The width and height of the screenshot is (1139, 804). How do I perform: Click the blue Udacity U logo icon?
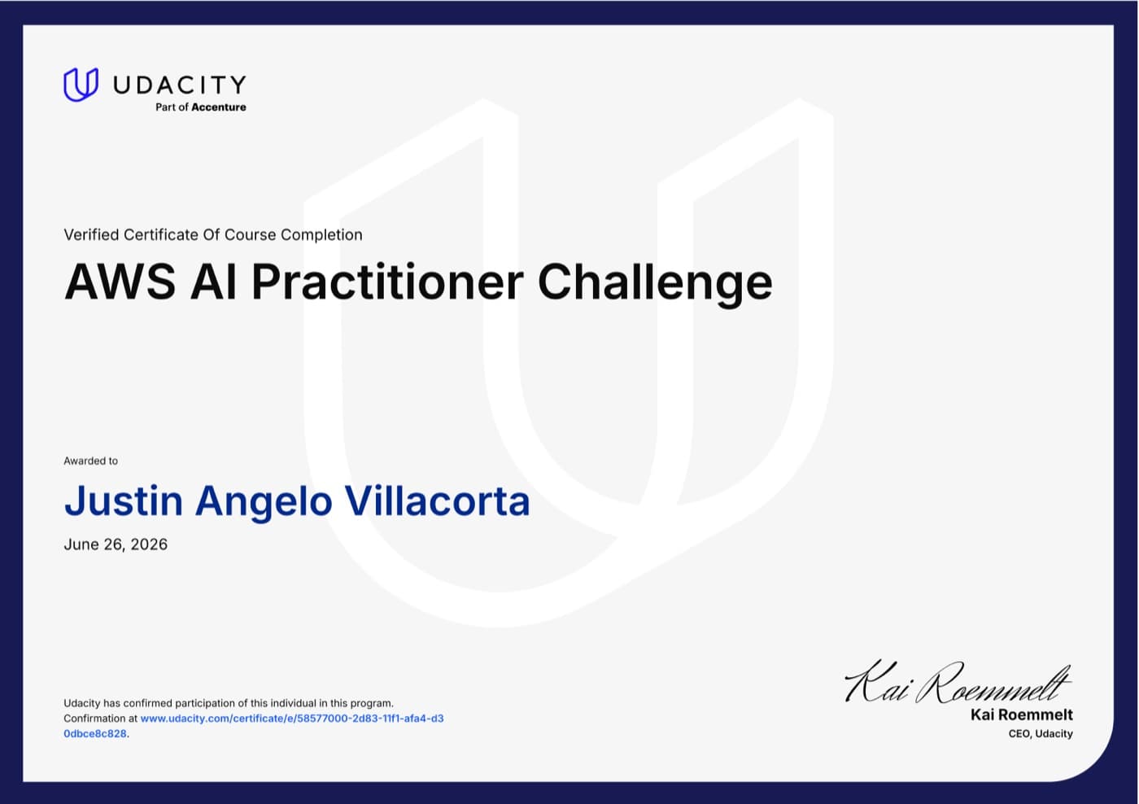[81, 85]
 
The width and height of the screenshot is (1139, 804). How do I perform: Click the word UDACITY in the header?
[180, 85]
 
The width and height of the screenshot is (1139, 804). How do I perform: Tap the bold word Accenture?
[219, 107]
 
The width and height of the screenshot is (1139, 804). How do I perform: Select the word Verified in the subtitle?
[91, 234]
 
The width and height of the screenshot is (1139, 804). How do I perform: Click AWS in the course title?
[120, 282]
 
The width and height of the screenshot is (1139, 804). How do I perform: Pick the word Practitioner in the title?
[387, 282]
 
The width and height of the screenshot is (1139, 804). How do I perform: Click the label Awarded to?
[90, 461]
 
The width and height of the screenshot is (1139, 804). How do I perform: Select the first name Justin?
[124, 501]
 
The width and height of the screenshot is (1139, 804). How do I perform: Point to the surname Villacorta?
[438, 501]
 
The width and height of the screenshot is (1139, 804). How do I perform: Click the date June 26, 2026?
[116, 544]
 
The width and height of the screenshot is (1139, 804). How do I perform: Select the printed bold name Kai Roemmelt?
[1022, 715]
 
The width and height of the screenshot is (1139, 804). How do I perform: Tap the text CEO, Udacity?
[1041, 734]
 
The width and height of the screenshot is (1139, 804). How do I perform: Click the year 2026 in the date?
[149, 544]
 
